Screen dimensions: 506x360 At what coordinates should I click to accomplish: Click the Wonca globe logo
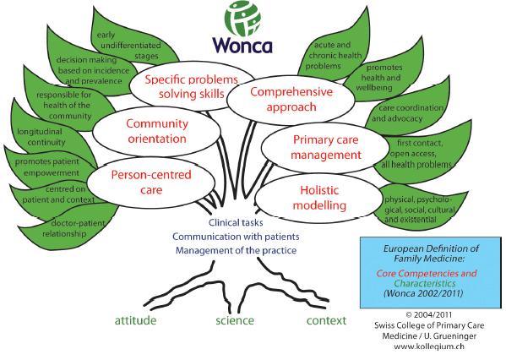point(242,18)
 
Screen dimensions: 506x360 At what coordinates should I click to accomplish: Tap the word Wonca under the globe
point(242,45)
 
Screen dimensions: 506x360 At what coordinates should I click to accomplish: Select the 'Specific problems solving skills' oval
point(192,86)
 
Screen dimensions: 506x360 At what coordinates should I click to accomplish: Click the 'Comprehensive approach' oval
point(291,100)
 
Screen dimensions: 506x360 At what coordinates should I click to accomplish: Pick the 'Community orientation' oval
point(157,131)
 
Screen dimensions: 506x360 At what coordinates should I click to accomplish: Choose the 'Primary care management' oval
point(325,147)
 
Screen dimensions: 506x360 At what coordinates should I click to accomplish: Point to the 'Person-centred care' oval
point(151,182)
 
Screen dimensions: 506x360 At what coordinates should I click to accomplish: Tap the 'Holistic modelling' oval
point(319,198)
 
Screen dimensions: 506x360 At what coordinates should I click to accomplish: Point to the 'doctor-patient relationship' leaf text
point(73,228)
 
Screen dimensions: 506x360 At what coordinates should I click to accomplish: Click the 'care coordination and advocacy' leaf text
point(407,113)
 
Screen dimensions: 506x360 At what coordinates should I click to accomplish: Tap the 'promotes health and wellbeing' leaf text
point(379,78)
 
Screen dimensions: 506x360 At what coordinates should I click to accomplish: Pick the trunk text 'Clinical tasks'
point(236,222)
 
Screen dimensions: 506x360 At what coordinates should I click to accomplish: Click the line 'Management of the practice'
point(236,250)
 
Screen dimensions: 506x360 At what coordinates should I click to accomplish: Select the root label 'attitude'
point(135,320)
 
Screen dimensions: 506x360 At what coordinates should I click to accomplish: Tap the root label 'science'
point(235,320)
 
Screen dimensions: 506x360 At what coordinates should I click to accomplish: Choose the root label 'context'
point(326,320)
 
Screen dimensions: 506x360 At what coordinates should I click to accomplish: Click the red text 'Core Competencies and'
point(427,274)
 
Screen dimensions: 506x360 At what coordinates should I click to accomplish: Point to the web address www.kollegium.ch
point(429,346)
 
